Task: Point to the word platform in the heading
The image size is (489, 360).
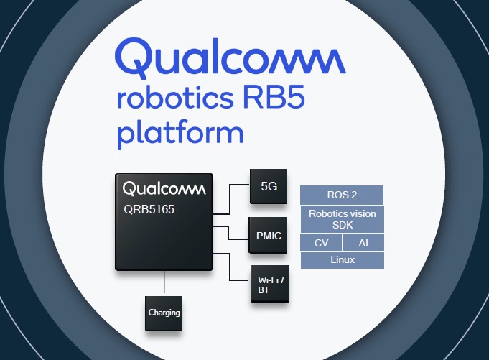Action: (x=180, y=134)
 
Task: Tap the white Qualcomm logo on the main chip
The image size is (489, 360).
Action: (x=164, y=189)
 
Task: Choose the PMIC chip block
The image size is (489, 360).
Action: (x=269, y=235)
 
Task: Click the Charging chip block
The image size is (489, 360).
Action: (x=164, y=313)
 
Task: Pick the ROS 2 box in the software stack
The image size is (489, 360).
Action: (x=342, y=195)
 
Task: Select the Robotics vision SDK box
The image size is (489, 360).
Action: (x=342, y=219)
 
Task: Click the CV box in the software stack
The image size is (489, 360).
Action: (x=321, y=243)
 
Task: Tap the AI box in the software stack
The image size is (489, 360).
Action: (x=363, y=243)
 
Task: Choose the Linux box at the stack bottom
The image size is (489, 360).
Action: (x=342, y=260)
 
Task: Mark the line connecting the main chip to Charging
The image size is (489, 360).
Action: (x=164, y=283)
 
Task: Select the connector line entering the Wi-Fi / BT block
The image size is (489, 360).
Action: (x=238, y=280)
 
